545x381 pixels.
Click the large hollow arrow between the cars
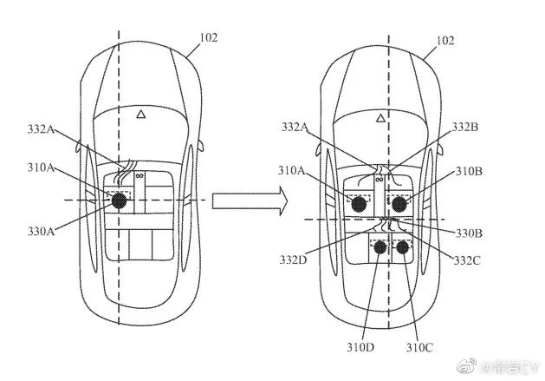(250, 201)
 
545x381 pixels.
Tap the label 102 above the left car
(209, 37)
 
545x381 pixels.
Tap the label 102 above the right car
(444, 41)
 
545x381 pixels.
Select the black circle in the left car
(119, 200)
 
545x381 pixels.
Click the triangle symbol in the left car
(140, 114)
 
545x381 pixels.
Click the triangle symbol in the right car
(381, 118)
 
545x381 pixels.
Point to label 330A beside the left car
(41, 231)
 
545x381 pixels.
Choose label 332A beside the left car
(41, 129)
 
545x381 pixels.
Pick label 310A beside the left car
(41, 168)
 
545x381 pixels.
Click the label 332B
(464, 127)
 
